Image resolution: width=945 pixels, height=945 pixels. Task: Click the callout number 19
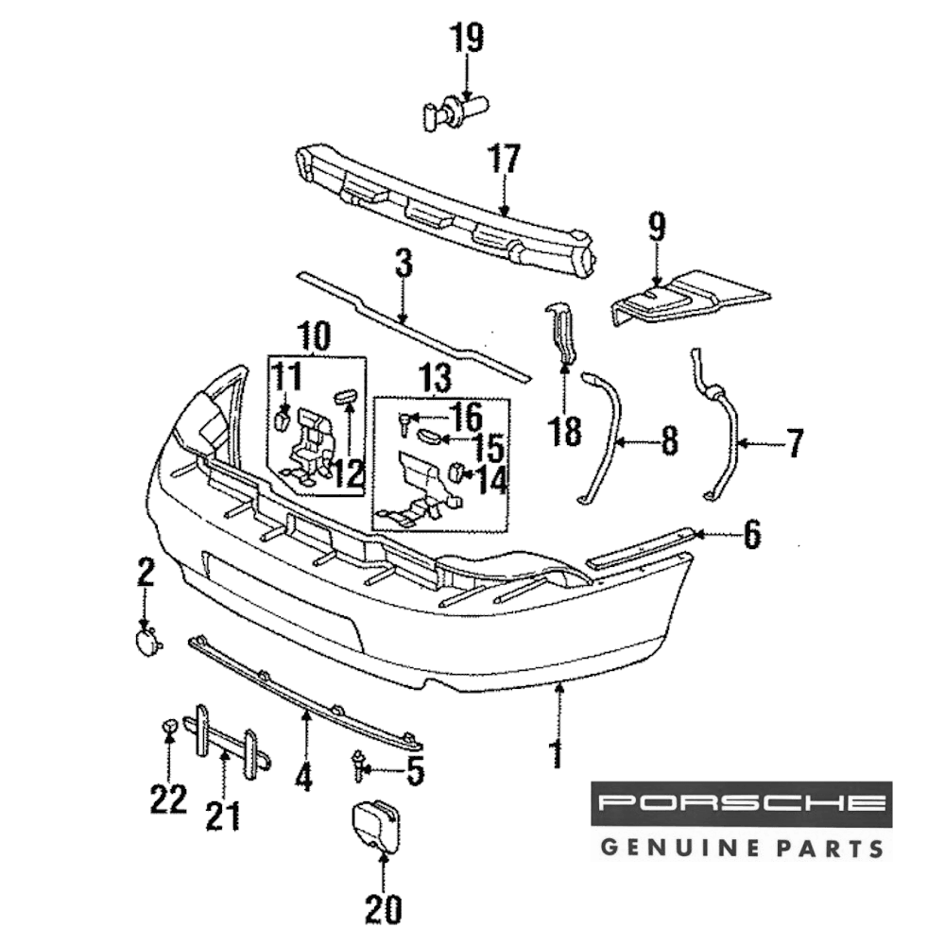(x=466, y=40)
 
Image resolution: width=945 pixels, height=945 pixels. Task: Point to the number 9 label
(x=657, y=227)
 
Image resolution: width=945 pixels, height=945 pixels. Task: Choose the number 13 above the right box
(x=436, y=380)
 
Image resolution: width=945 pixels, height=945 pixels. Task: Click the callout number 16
(x=464, y=416)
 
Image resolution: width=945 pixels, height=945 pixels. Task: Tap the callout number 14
(x=491, y=480)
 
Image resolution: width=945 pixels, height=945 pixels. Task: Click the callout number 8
(x=669, y=441)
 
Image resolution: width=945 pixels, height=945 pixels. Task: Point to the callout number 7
(x=795, y=442)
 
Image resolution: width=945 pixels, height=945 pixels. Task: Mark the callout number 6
(x=751, y=536)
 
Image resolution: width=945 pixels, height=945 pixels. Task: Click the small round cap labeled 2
(x=146, y=643)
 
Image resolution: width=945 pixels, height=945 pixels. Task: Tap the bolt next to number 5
(x=360, y=764)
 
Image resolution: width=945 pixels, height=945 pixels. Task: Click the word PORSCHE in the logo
(x=742, y=804)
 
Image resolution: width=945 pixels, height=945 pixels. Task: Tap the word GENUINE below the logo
(x=669, y=845)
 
